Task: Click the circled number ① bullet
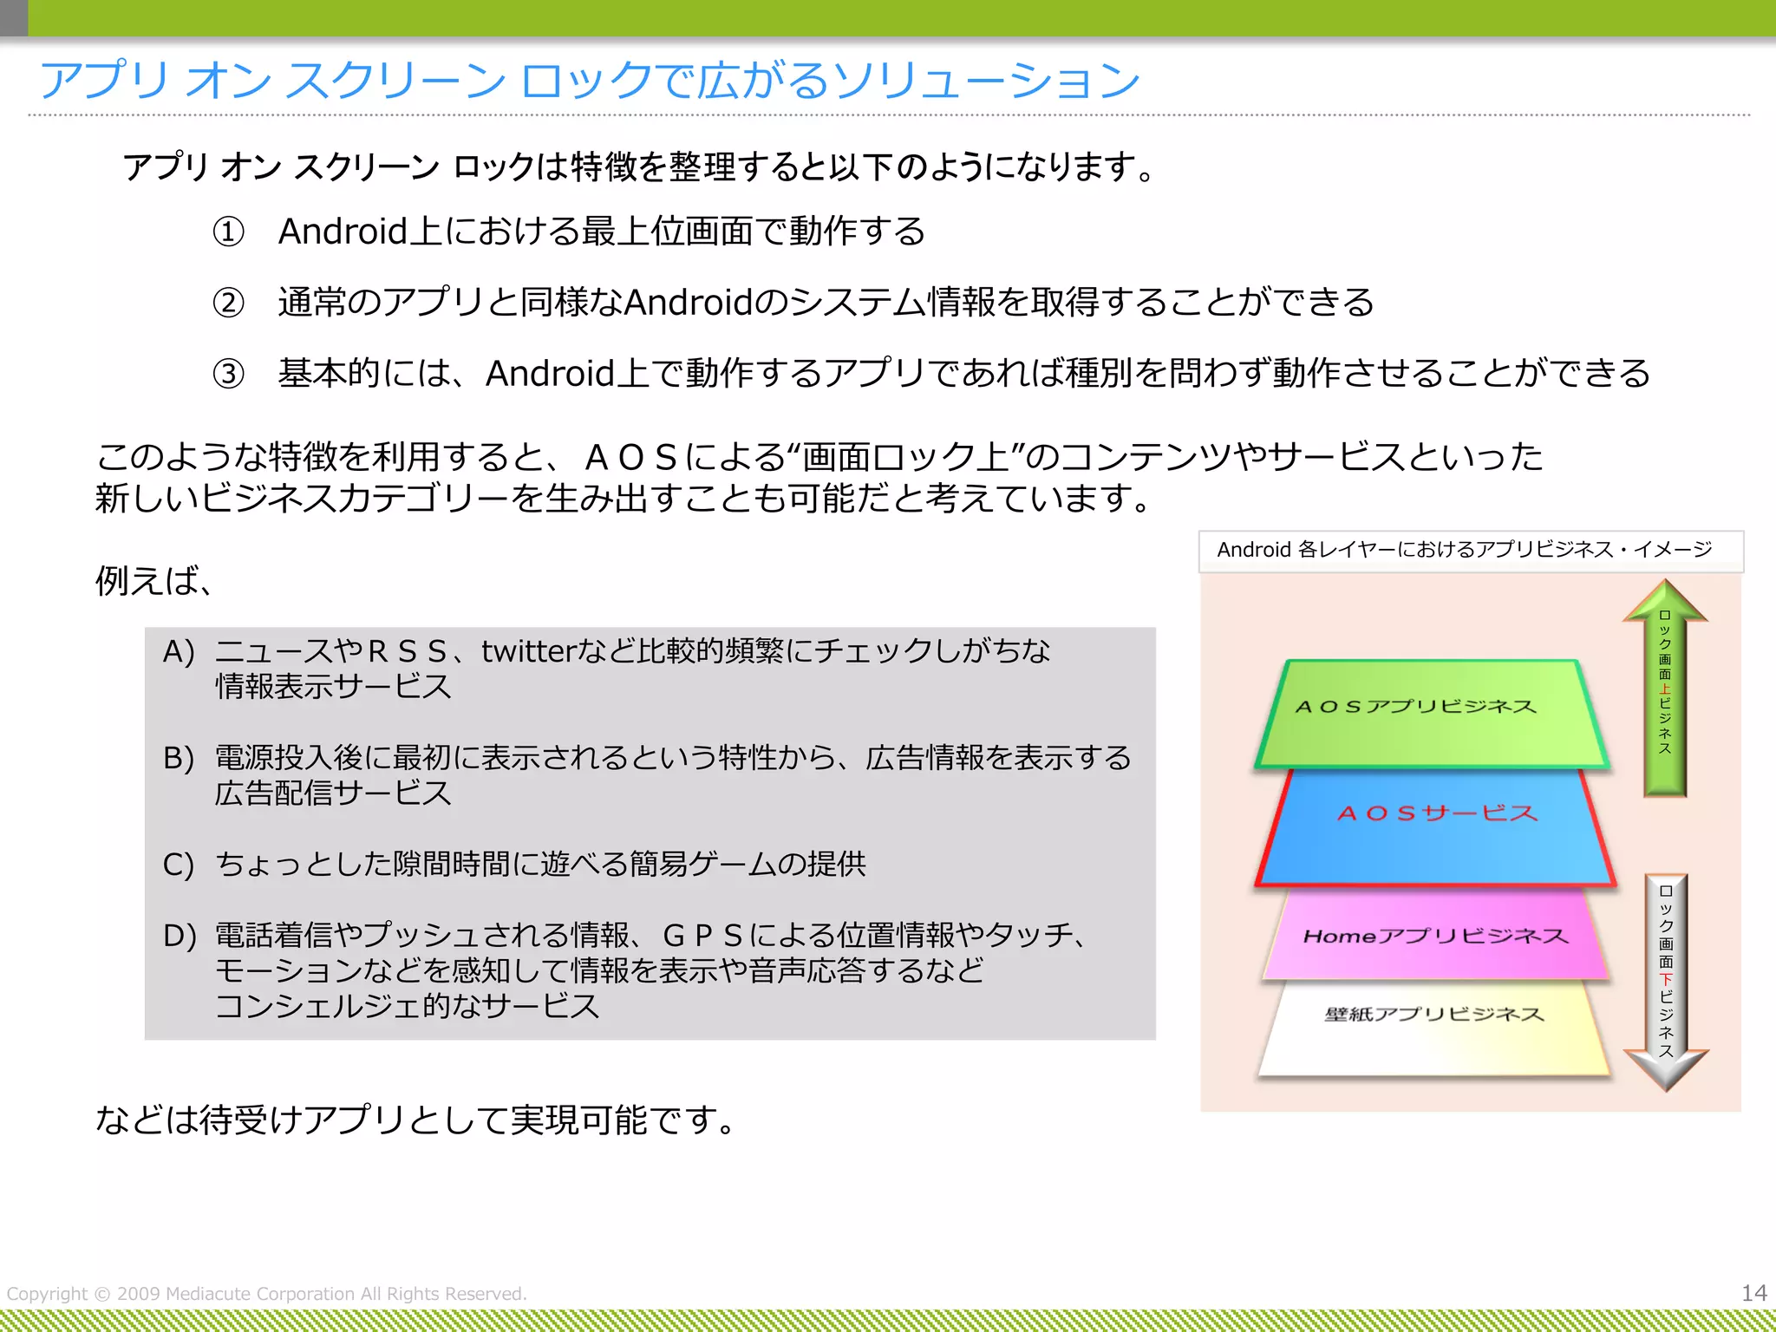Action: [x=229, y=232]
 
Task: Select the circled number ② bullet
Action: [x=229, y=304]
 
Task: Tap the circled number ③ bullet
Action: [x=229, y=375]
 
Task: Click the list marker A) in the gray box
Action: [x=179, y=651]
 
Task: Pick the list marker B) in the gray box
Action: [x=179, y=758]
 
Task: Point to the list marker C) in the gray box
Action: [x=179, y=865]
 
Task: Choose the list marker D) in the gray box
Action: [x=180, y=936]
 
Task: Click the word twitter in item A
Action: [x=529, y=651]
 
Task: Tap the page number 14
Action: [x=1753, y=1293]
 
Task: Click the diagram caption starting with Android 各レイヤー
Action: [x=1465, y=550]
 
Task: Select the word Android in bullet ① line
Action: [x=343, y=232]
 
